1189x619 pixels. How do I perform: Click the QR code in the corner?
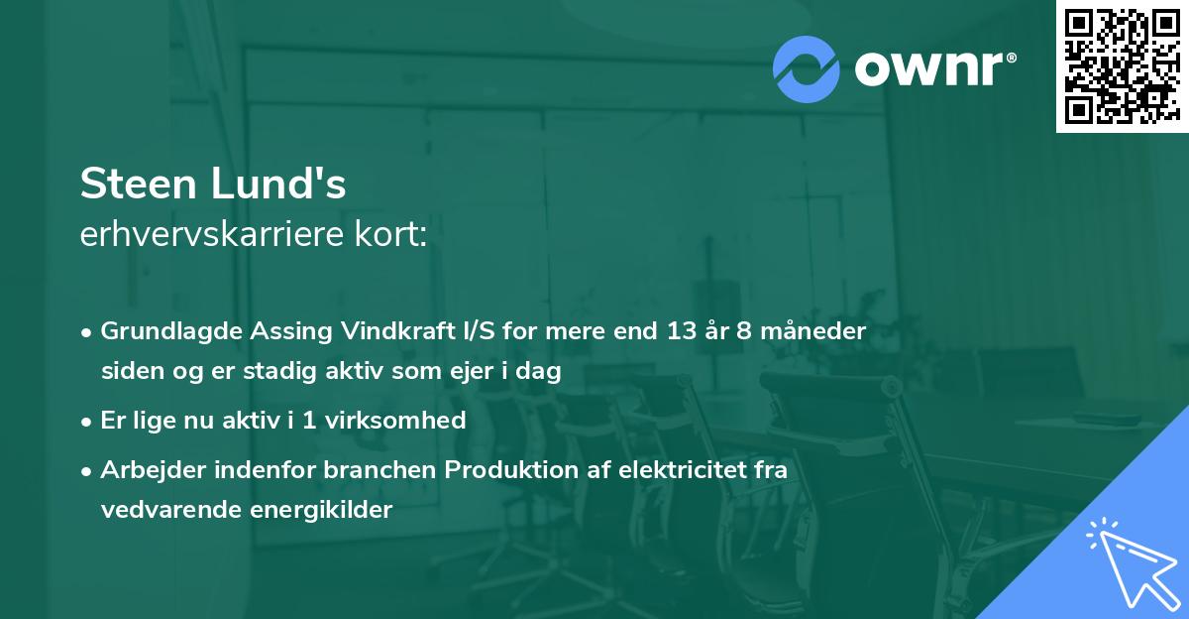coord(1122,65)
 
